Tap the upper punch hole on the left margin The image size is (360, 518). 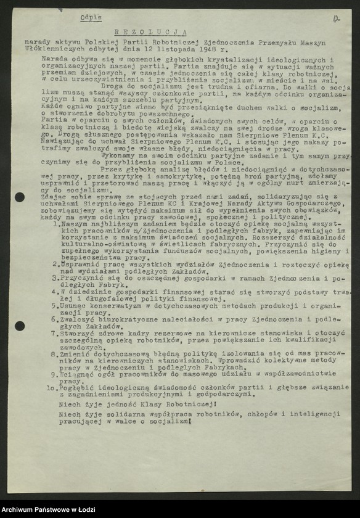[20, 197]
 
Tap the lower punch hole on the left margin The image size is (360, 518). [20, 326]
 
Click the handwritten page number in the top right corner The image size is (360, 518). [335, 19]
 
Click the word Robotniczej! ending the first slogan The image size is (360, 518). [183, 403]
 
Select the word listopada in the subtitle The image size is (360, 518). [180, 47]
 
